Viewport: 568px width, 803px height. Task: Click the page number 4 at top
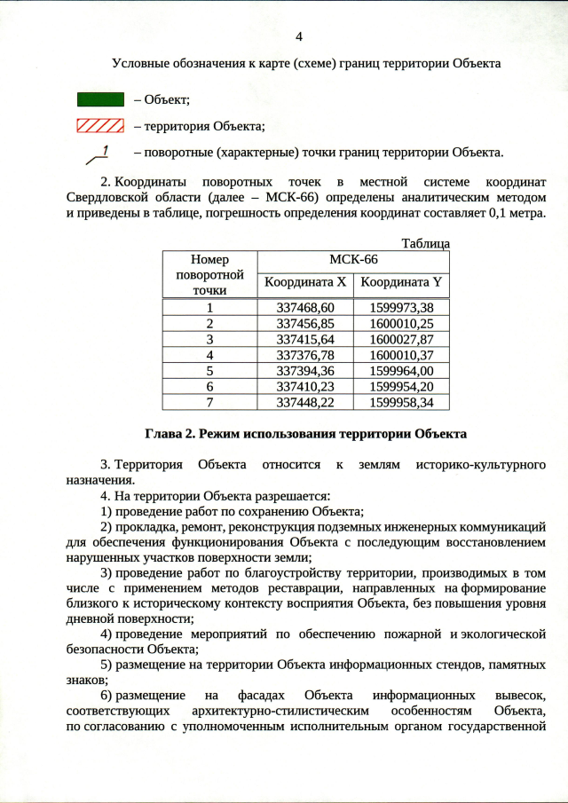tap(298, 37)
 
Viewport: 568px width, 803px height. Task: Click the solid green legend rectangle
tap(98, 98)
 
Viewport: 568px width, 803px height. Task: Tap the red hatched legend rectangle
tap(98, 125)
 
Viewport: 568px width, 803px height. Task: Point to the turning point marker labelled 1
tap(99, 154)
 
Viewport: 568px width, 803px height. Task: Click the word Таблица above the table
tap(425, 244)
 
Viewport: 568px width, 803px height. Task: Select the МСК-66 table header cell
tap(353, 261)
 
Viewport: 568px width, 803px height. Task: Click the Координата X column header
tap(304, 284)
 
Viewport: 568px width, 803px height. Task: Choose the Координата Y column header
tap(401, 284)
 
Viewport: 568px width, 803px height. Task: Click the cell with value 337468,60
tap(304, 307)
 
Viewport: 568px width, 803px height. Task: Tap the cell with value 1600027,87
tap(401, 339)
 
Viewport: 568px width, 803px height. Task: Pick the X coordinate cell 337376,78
tap(304, 355)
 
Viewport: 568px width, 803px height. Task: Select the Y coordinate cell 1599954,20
tap(401, 387)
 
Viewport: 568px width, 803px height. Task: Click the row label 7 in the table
tap(209, 403)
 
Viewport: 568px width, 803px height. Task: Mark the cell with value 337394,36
tap(304, 371)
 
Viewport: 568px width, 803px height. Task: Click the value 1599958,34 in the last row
tap(401, 403)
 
